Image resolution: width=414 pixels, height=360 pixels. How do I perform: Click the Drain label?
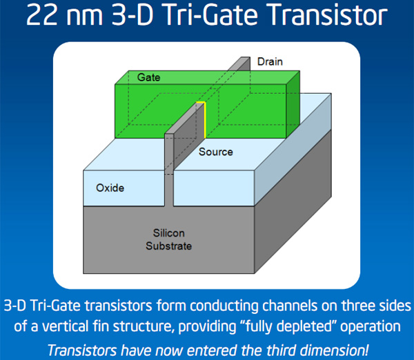(x=270, y=62)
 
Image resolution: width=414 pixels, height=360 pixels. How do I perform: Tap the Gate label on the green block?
(x=148, y=77)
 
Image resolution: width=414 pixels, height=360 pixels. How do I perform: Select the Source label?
(x=216, y=152)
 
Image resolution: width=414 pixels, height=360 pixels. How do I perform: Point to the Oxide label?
(x=110, y=188)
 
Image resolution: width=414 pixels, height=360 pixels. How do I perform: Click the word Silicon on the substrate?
(x=169, y=233)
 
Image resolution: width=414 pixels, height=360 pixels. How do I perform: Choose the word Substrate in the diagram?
(x=169, y=246)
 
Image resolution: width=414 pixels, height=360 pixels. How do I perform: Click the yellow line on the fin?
(x=204, y=119)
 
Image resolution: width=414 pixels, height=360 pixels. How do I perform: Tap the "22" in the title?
(x=41, y=15)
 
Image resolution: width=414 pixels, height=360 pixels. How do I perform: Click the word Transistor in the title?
(x=328, y=15)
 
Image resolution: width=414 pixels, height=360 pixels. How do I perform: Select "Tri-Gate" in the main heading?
(x=210, y=15)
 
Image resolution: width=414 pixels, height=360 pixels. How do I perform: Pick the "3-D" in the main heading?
(x=132, y=15)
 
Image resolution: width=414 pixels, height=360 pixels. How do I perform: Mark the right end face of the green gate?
(x=293, y=104)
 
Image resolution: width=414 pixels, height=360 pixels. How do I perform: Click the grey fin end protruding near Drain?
(x=239, y=63)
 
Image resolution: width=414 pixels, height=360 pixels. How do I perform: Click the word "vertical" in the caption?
(x=66, y=326)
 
